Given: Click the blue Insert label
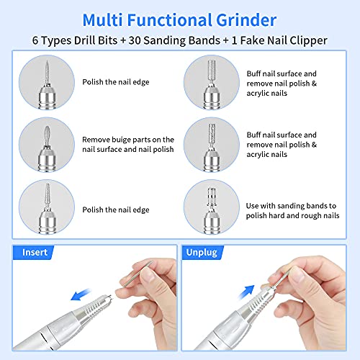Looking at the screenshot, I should [x=35, y=253].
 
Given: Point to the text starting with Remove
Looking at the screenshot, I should [x=128, y=145].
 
